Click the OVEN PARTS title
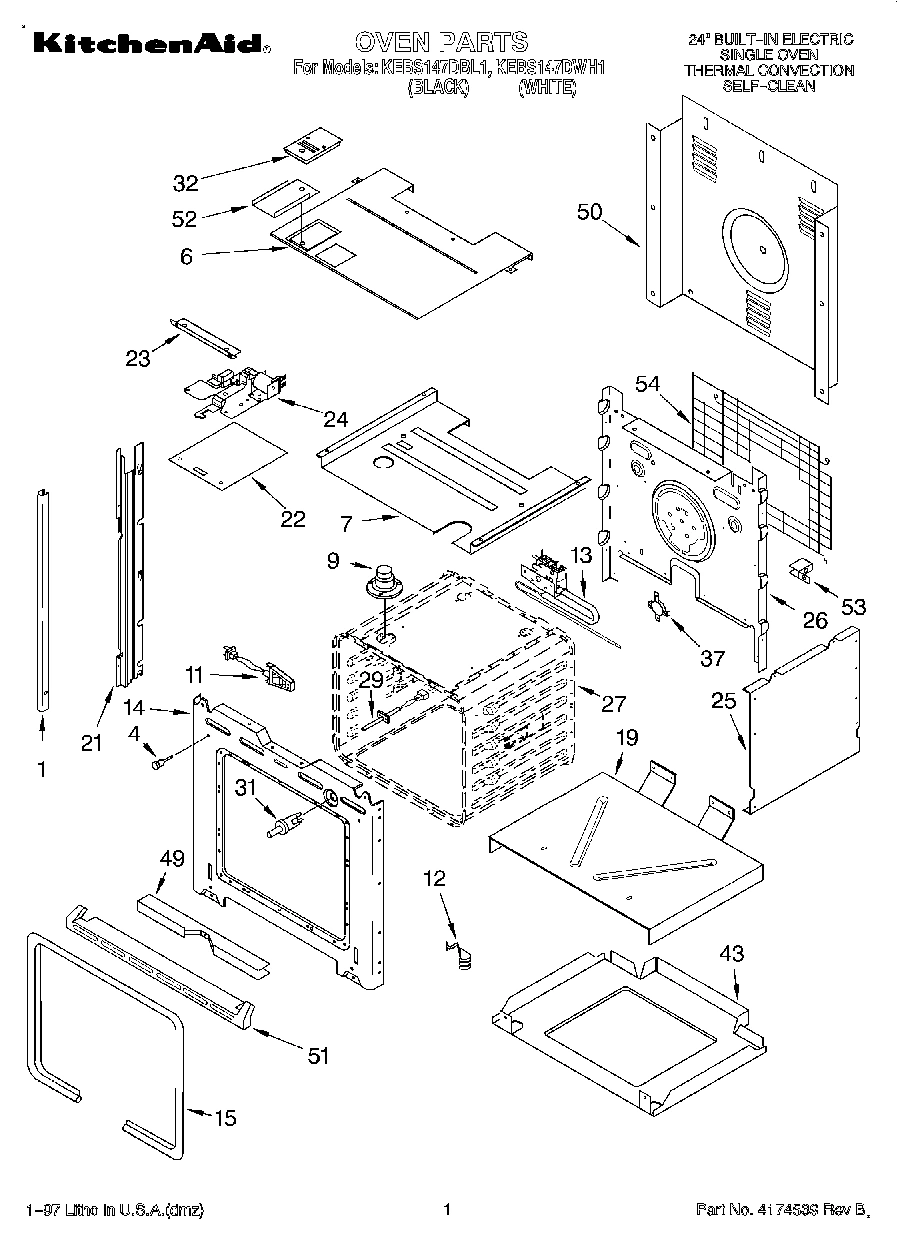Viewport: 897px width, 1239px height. click(441, 42)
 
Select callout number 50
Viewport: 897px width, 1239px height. click(591, 211)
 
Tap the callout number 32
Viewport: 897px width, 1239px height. click(186, 183)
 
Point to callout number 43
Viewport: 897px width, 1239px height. click(731, 954)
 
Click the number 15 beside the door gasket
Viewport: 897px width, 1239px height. click(226, 1118)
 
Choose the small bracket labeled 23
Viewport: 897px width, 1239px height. click(205, 336)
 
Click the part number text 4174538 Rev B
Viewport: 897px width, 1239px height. click(781, 1211)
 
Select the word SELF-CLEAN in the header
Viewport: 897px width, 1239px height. click(768, 86)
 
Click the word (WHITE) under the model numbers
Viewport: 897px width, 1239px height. click(547, 88)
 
